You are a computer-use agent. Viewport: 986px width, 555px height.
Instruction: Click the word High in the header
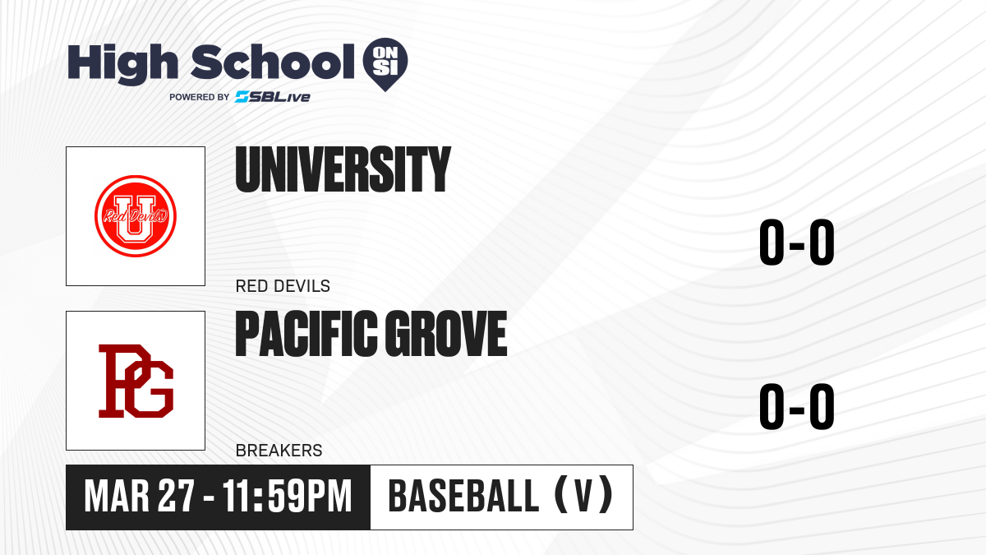[x=122, y=64]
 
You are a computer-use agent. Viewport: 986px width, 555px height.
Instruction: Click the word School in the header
[x=273, y=61]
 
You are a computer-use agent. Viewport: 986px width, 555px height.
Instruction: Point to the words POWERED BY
[x=200, y=97]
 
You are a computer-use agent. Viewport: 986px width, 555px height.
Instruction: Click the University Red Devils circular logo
[x=136, y=215]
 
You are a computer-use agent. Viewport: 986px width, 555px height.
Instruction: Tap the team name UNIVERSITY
[x=343, y=169]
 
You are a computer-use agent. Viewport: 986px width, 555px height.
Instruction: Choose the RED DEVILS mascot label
[x=283, y=286]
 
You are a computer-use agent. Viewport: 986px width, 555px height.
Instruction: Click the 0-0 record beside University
[x=797, y=242]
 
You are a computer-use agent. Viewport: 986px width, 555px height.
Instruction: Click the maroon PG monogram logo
[x=136, y=381]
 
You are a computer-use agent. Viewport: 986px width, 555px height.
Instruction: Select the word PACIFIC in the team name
[x=306, y=334]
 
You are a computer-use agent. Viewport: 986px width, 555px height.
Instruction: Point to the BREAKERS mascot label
[x=279, y=451]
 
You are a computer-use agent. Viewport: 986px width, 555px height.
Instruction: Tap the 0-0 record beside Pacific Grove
[x=797, y=406]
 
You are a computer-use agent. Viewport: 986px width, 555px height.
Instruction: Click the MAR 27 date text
[x=139, y=497]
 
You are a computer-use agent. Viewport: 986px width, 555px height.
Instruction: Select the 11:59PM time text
[x=288, y=497]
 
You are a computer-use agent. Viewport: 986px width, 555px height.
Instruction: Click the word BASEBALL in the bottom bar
[x=463, y=497]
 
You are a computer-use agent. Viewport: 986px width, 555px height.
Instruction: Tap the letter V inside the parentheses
[x=583, y=497]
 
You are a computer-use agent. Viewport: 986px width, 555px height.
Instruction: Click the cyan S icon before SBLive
[x=242, y=97]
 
